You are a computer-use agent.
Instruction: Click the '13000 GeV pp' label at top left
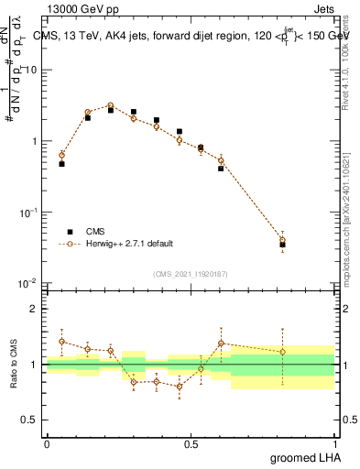pyautogui.click(x=75, y=8)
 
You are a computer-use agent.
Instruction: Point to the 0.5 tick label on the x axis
pyautogui.click(x=191, y=443)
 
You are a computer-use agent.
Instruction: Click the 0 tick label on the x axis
pyautogui.click(x=47, y=443)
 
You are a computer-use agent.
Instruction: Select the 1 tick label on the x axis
pyautogui.click(x=334, y=443)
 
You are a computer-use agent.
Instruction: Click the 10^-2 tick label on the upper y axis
pyautogui.click(x=27, y=283)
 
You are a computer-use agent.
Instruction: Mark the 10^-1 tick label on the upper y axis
pyautogui.click(x=27, y=213)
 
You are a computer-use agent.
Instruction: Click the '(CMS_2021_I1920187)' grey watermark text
pyautogui.click(x=190, y=273)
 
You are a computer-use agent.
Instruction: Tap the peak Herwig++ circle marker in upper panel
pyautogui.click(x=110, y=105)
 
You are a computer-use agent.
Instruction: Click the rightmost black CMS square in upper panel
pyautogui.click(x=282, y=245)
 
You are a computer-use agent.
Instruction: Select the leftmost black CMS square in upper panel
pyautogui.click(x=61, y=163)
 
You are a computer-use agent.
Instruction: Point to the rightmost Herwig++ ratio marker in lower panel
pyautogui.click(x=282, y=352)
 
